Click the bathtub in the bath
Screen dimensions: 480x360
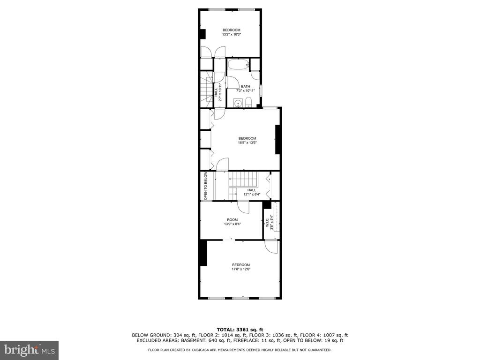(238, 64)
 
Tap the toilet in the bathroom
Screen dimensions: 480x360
(248, 102)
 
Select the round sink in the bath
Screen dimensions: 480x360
(238, 103)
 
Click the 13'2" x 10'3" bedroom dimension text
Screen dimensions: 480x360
(232, 35)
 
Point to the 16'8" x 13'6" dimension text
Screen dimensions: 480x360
(247, 142)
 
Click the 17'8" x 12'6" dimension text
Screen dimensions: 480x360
(241, 269)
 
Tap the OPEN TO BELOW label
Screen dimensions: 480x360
(205, 186)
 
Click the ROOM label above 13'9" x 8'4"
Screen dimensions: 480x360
(232, 219)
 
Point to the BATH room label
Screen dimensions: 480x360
(246, 86)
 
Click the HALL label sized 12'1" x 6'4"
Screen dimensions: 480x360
(252, 190)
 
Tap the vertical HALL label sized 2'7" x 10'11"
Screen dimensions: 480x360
(216, 91)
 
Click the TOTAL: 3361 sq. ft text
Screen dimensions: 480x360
(240, 330)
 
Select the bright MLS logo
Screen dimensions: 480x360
(29, 350)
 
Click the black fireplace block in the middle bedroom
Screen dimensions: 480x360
(277, 139)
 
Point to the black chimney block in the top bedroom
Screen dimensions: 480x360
(202, 34)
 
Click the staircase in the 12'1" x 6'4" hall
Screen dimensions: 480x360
(244, 184)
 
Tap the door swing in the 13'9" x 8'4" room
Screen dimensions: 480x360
(244, 208)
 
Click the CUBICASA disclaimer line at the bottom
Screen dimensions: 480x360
(240, 350)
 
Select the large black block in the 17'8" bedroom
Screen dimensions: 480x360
(203, 253)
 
